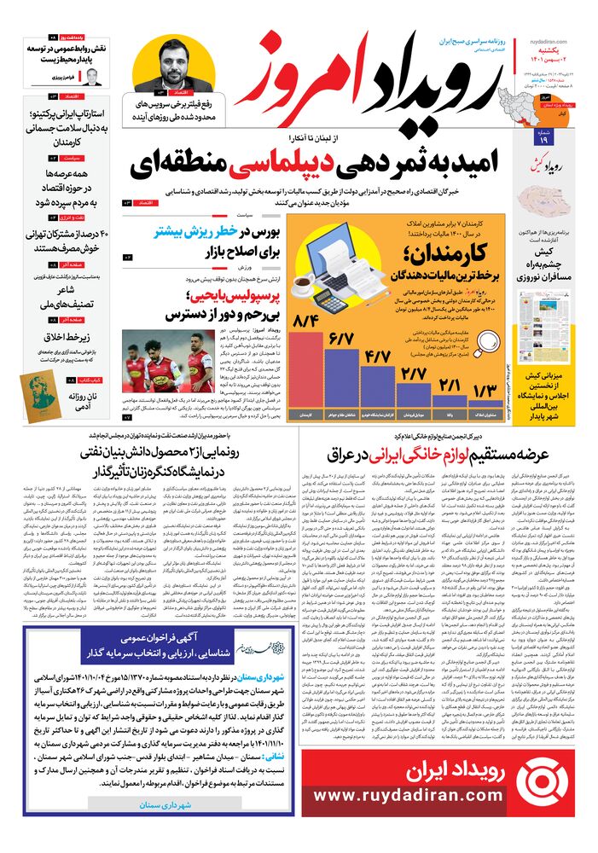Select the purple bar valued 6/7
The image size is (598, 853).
click(340, 380)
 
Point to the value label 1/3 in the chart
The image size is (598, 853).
click(483, 390)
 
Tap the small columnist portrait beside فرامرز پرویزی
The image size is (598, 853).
click(92, 78)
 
